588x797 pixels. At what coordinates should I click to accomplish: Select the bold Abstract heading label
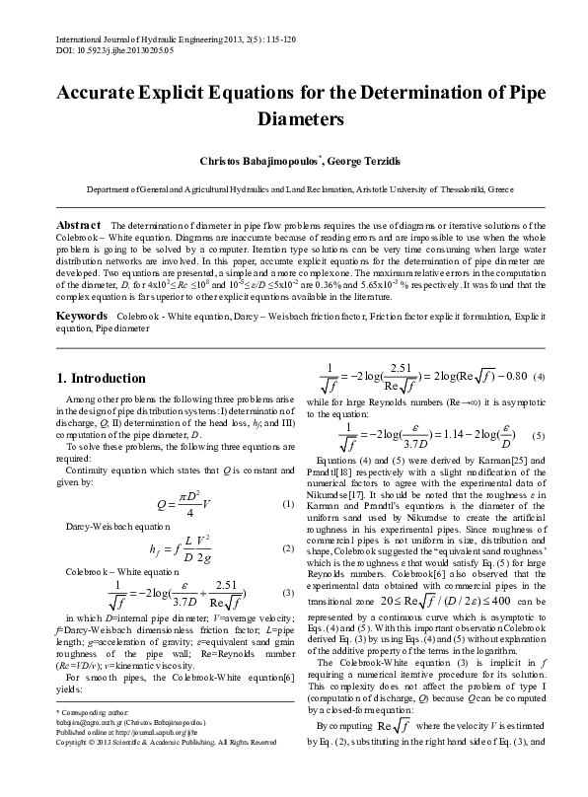pos(80,226)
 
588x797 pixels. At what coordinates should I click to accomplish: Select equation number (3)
pos(288,592)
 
